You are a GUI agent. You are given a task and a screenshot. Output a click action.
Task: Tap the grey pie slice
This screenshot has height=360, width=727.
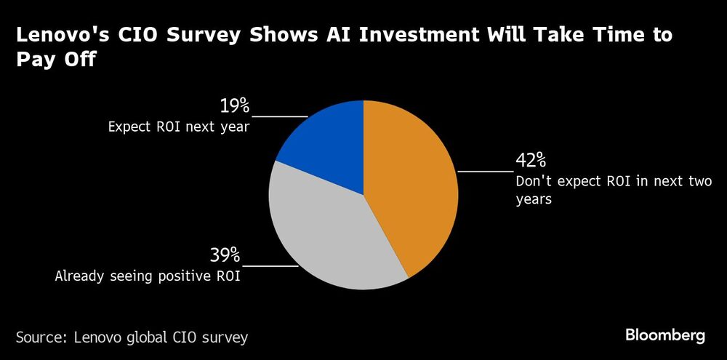pos(327,233)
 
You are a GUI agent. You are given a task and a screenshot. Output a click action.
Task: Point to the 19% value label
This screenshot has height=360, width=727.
pos(234,106)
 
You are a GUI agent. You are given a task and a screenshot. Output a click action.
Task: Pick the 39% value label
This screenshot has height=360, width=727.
pos(225,255)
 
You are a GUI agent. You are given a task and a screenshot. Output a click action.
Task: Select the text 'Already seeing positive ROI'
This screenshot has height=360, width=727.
pos(147,276)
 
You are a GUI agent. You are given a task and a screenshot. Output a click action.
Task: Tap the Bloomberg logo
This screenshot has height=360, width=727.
pos(665,336)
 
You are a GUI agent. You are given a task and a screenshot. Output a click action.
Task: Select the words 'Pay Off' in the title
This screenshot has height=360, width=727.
pos(56,60)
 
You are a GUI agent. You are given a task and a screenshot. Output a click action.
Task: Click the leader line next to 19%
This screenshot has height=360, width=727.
pos(280,116)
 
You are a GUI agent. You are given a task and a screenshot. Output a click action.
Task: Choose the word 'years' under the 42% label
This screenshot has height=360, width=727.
pos(534,199)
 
